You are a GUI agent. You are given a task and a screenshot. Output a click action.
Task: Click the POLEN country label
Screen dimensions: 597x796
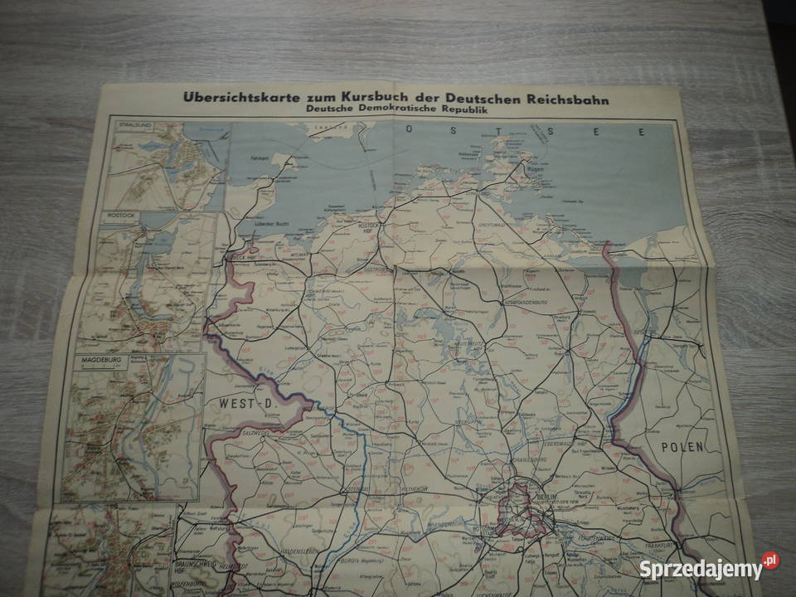[682, 446]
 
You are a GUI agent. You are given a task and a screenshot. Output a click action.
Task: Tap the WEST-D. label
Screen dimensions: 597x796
[245, 403]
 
